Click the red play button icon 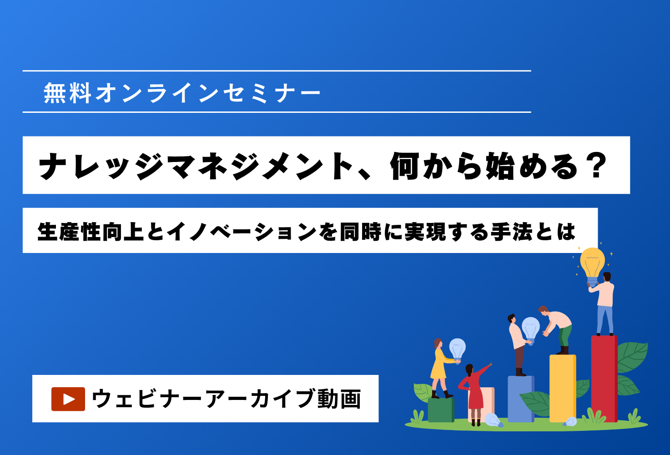pos(68,399)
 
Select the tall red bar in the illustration pos(604,379)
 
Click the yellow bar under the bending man pos(563,388)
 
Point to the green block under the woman pos(441,410)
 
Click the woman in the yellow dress pos(441,369)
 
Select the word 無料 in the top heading pos(67,93)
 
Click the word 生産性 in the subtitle pos(70,232)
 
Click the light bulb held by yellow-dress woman pos(457,349)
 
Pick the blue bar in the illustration pos(521,399)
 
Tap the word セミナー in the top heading pos(272,93)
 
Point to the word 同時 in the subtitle pos(361,232)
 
